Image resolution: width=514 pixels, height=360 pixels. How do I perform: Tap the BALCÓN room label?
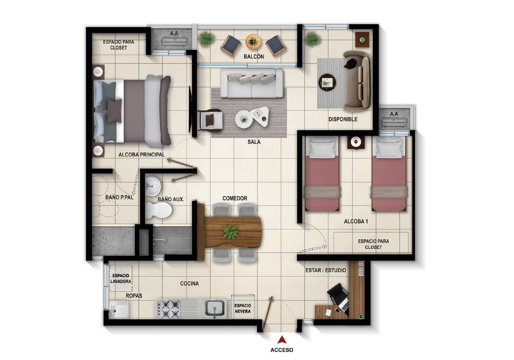click(x=254, y=57)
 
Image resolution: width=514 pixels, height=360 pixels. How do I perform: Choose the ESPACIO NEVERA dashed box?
click(x=243, y=309)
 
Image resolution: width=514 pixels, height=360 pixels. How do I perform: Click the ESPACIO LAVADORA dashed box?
click(x=120, y=279)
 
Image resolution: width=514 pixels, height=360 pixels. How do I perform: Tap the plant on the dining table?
click(x=229, y=232)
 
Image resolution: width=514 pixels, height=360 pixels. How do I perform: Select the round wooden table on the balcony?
click(x=253, y=40)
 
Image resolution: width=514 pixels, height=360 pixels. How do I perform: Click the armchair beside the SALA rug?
click(x=211, y=120)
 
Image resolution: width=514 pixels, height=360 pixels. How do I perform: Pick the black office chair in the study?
click(x=337, y=294)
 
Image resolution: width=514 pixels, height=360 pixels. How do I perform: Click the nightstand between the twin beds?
click(x=356, y=142)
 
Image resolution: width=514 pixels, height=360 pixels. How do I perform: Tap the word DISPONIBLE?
click(x=343, y=119)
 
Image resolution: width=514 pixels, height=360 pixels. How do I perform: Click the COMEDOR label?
click(x=235, y=199)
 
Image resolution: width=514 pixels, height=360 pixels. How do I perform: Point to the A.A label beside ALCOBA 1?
click(x=394, y=114)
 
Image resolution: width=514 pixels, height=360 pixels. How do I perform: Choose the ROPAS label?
click(x=134, y=296)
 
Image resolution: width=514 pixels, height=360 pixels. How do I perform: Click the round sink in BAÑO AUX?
click(x=152, y=184)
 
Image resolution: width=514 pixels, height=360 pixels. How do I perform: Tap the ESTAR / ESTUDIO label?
click(x=326, y=270)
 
